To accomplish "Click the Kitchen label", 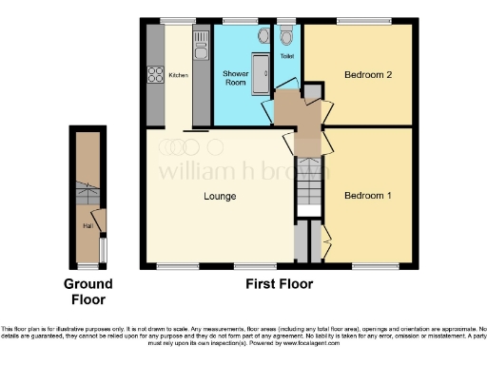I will click(x=178, y=74).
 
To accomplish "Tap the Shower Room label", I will click(x=236, y=78).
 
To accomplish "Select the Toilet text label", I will click(x=287, y=57).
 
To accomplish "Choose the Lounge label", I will click(x=220, y=197).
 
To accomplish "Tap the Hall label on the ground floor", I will click(x=88, y=226).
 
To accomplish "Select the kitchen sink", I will click(x=201, y=42).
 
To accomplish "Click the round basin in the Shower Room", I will click(x=263, y=36).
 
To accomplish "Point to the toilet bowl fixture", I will click(x=288, y=38).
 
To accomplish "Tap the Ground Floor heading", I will click(x=88, y=291).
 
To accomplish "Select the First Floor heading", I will click(x=278, y=284).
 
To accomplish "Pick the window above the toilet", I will click(x=288, y=20).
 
